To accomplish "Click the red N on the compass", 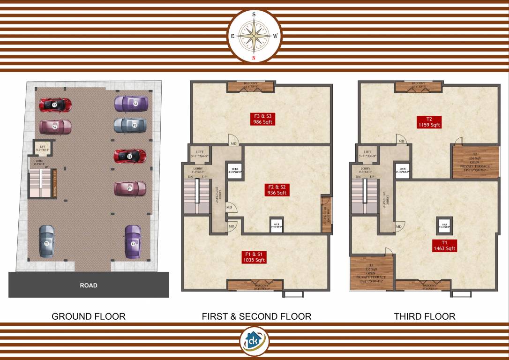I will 254,58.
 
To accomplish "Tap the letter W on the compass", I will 276,36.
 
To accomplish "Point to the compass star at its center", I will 254,36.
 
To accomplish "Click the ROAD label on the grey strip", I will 89,285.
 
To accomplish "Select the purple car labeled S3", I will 132,103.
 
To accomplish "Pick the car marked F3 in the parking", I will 131,125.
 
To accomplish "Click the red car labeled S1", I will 130,156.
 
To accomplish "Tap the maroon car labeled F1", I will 130,188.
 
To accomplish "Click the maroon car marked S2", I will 55,127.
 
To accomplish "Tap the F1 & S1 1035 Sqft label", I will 254,257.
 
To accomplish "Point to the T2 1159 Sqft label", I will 429,122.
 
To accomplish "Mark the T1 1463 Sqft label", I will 444,246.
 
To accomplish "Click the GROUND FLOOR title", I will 89,316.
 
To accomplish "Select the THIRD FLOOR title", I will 425,316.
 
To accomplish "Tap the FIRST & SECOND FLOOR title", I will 256,316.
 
